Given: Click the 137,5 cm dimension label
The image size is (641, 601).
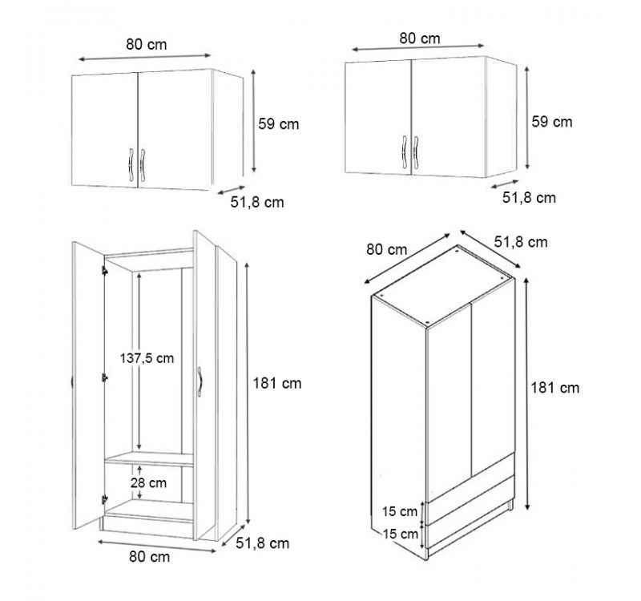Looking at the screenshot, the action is [147, 358].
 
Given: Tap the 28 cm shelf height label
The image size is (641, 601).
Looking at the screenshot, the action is [148, 483].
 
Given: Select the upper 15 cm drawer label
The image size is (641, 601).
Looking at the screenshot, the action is [399, 511].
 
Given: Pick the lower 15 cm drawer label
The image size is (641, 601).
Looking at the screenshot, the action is [401, 534].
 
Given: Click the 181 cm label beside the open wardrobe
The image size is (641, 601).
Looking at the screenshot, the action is [276, 384].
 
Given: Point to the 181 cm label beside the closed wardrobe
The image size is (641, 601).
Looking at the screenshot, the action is [554, 388].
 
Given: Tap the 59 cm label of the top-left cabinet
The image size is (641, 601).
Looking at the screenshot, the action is [278, 124].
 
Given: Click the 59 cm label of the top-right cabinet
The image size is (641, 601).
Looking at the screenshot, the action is [552, 122].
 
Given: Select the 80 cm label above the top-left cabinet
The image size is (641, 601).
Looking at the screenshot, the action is [147, 44].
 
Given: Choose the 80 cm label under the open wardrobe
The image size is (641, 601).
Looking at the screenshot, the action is [149, 557].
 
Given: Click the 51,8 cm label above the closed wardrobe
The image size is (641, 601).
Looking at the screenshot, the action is [520, 242].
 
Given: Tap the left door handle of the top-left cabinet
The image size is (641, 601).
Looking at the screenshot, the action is [131, 164].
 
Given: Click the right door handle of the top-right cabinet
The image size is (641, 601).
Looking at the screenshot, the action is [416, 151].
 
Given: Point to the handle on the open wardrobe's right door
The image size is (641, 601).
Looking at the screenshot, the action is [200, 381].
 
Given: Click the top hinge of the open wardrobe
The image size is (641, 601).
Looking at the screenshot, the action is [105, 270].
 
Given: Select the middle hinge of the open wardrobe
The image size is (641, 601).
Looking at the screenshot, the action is [105, 377].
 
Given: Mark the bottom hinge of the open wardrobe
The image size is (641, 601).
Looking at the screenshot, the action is [105, 498].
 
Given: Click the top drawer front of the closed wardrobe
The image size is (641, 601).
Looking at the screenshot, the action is [470, 478].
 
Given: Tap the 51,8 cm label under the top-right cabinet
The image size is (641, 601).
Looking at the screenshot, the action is [529, 198].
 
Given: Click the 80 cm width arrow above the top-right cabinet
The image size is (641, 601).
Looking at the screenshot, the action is [417, 47].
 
